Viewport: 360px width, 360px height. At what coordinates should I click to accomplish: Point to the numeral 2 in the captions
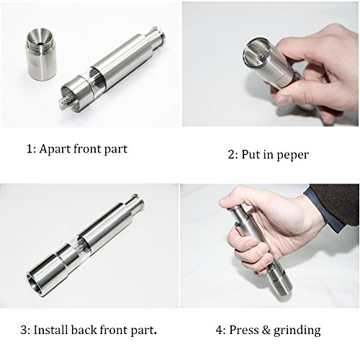point(231,155)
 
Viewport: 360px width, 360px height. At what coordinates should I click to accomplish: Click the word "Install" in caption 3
point(51,330)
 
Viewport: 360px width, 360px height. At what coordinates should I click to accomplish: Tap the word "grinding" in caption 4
point(297,331)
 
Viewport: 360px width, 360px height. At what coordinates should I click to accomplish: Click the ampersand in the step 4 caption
point(266,330)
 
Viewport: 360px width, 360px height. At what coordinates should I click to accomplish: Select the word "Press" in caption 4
point(243,330)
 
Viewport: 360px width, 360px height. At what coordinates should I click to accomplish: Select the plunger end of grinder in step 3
point(137,202)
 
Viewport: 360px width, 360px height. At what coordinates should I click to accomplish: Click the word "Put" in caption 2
point(250,155)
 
